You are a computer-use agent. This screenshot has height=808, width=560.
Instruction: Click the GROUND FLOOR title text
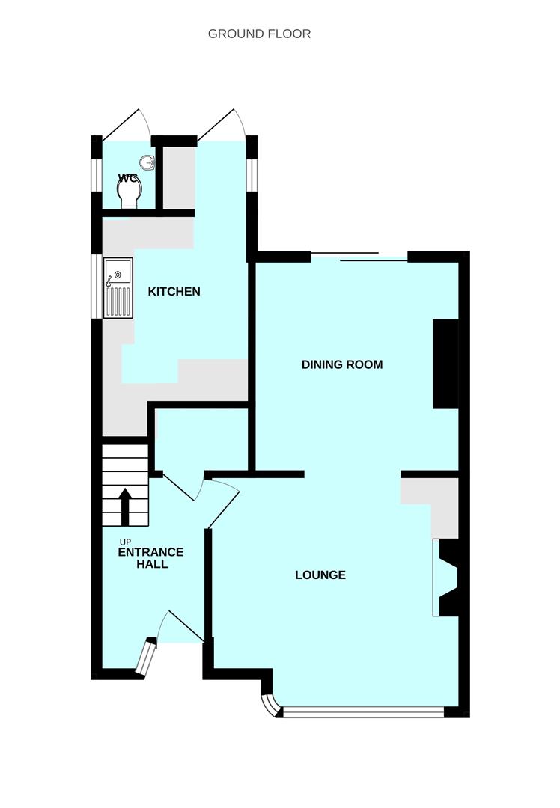(259, 34)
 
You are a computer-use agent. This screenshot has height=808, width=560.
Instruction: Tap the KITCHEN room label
(174, 291)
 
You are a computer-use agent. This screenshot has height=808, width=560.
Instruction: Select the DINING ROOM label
(342, 365)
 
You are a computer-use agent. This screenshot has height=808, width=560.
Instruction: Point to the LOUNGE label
(320, 575)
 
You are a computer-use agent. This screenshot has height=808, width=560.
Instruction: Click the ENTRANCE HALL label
(150, 558)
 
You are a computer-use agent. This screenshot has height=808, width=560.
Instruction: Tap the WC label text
(128, 178)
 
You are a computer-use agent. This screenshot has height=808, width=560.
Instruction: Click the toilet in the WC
(130, 195)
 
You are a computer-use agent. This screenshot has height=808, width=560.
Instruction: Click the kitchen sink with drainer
(118, 288)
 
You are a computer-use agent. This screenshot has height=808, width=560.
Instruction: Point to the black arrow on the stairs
(124, 506)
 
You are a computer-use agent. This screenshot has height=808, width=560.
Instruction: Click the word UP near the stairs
(125, 541)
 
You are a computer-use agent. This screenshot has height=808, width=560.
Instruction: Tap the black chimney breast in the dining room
(445, 364)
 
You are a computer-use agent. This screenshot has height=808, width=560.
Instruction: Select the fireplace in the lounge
(447, 578)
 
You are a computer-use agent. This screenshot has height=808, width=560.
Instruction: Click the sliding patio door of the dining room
(359, 257)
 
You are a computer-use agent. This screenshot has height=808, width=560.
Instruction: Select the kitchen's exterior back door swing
(222, 126)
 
